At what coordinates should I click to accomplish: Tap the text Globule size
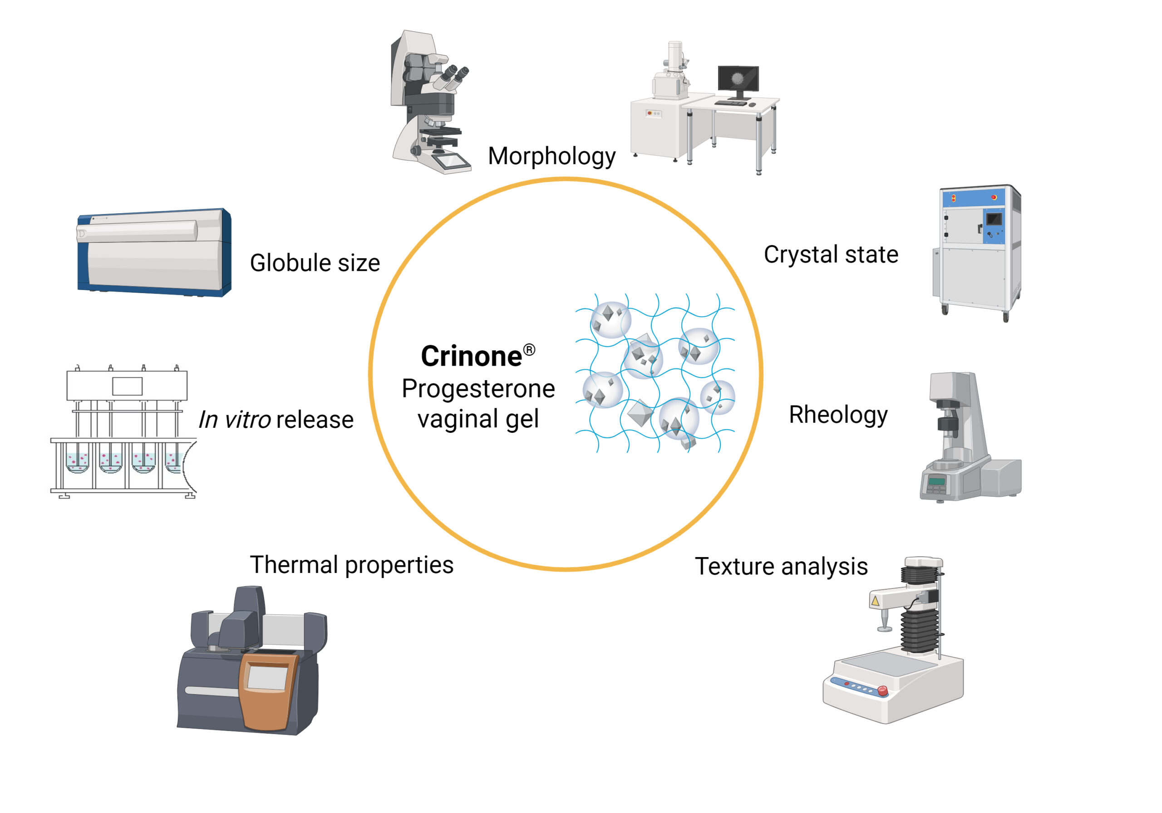point(315,263)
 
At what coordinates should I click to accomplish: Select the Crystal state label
point(831,254)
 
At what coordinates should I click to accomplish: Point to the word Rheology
point(837,414)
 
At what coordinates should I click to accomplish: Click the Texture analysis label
point(781,566)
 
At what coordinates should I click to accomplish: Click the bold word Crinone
point(471,356)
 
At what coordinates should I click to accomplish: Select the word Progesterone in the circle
point(478,388)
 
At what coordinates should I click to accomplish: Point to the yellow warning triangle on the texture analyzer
point(875,601)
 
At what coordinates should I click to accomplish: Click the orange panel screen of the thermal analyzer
point(267,677)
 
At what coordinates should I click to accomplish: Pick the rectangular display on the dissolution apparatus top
point(127,386)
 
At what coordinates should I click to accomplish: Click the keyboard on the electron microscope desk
point(730,103)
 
